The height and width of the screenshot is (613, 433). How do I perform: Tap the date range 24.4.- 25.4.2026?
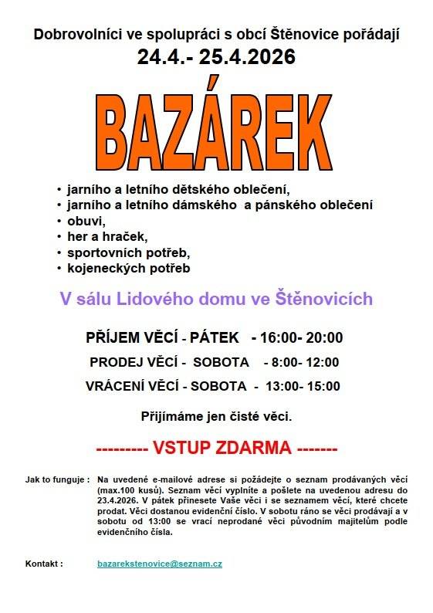(217, 57)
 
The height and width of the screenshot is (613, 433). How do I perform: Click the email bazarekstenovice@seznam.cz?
(160, 564)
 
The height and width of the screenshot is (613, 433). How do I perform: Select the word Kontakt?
(44, 564)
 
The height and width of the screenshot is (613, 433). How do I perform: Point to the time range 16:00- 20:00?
(303, 337)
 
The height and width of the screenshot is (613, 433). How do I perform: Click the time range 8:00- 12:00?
(301, 362)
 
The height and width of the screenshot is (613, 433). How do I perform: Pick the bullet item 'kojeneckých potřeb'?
(128, 269)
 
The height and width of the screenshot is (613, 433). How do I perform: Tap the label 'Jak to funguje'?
(56, 479)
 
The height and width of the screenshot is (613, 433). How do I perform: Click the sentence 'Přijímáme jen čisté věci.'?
(216, 416)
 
